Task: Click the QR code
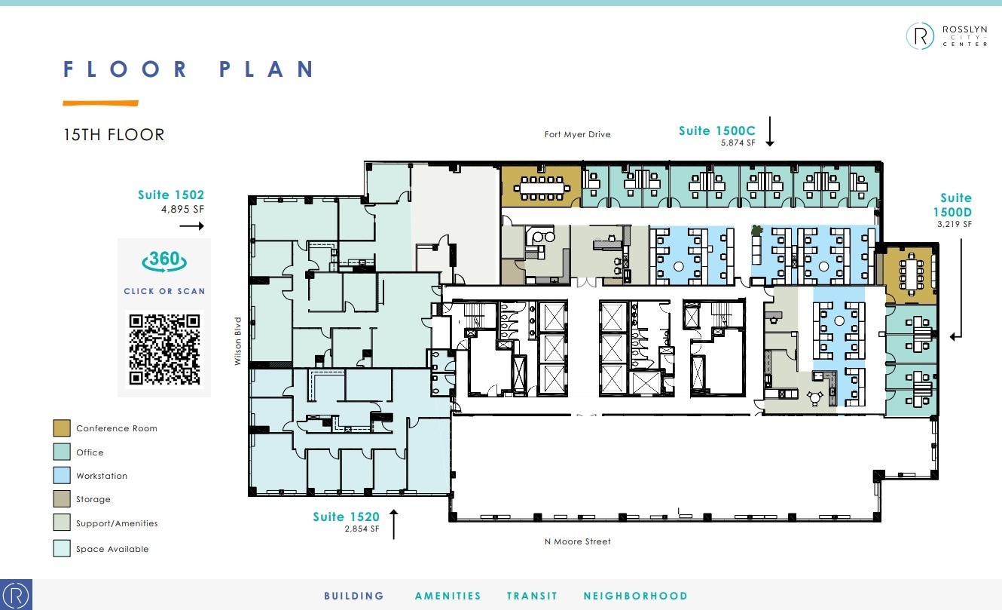(x=164, y=348)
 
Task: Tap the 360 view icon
(x=164, y=260)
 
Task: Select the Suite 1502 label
(x=171, y=195)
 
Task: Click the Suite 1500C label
(x=716, y=131)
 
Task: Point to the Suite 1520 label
(x=347, y=517)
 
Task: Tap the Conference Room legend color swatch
(x=62, y=428)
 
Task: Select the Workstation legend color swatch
(x=62, y=476)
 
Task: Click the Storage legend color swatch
(x=62, y=499)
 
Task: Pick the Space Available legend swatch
(x=62, y=549)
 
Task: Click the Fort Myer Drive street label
(x=577, y=135)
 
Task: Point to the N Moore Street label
(x=578, y=541)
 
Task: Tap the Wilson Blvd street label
(x=237, y=341)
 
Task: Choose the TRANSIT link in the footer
(x=532, y=596)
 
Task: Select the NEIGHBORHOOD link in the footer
(x=635, y=596)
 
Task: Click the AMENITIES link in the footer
(x=448, y=596)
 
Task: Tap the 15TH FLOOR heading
(x=114, y=135)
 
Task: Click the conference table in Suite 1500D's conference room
(x=912, y=272)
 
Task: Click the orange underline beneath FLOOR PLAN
(x=100, y=103)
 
